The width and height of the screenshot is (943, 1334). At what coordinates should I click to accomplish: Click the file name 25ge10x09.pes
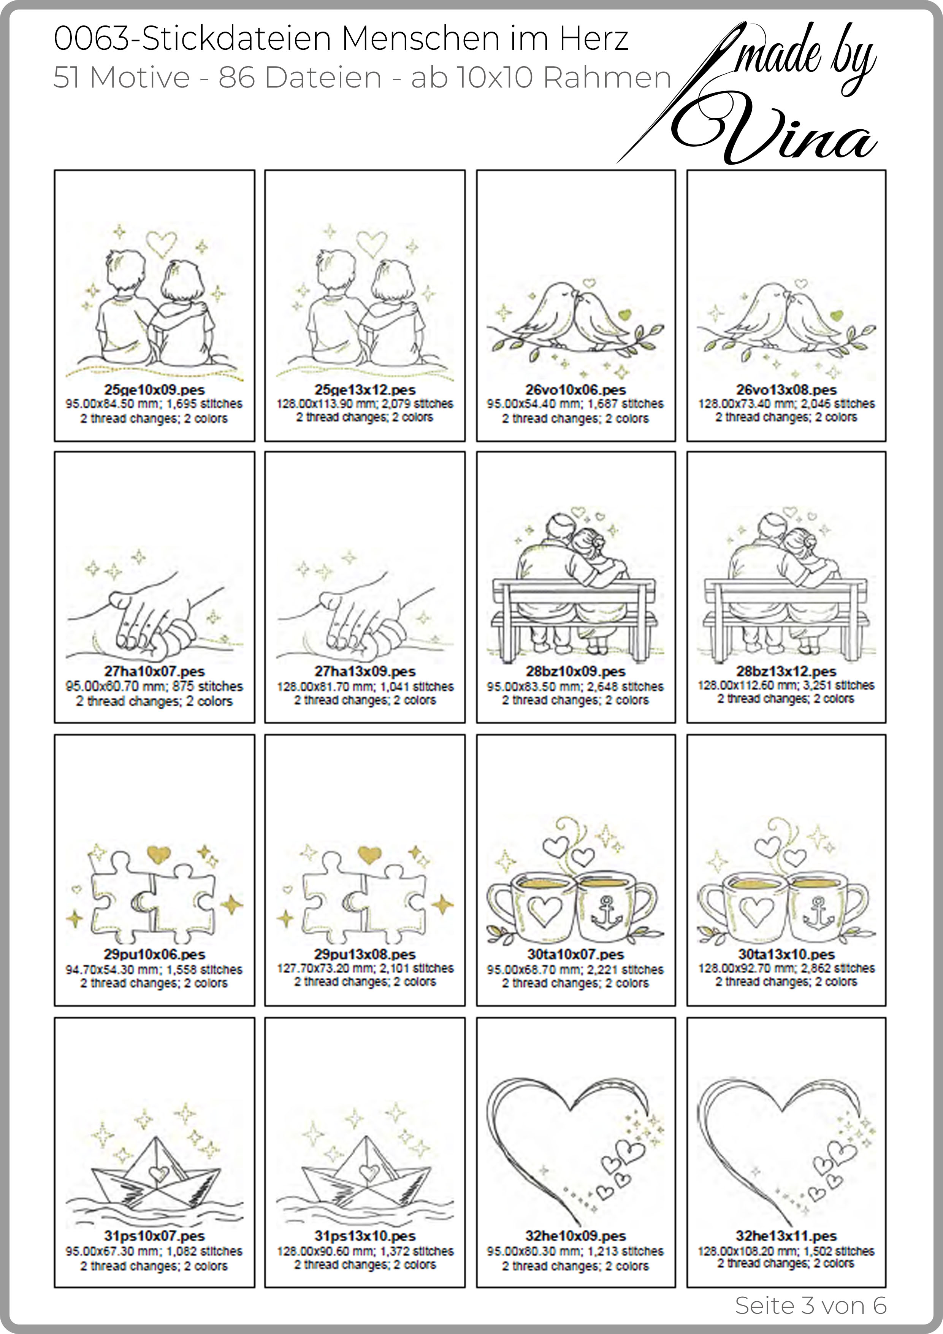[155, 390]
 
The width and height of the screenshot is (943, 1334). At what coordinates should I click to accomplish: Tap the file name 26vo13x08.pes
[786, 390]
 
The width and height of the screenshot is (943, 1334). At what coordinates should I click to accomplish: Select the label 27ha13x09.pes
[365, 672]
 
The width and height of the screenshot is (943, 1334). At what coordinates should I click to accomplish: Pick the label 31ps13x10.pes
[365, 1236]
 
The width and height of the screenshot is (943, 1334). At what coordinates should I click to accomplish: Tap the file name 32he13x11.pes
[786, 1236]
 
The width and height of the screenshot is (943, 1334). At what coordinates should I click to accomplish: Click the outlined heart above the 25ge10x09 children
[161, 243]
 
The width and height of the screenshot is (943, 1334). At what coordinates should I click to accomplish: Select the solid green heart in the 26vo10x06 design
[624, 315]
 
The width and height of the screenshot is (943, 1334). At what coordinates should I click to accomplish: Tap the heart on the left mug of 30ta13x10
[756, 910]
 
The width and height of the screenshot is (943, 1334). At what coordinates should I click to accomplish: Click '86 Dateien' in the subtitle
[300, 77]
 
